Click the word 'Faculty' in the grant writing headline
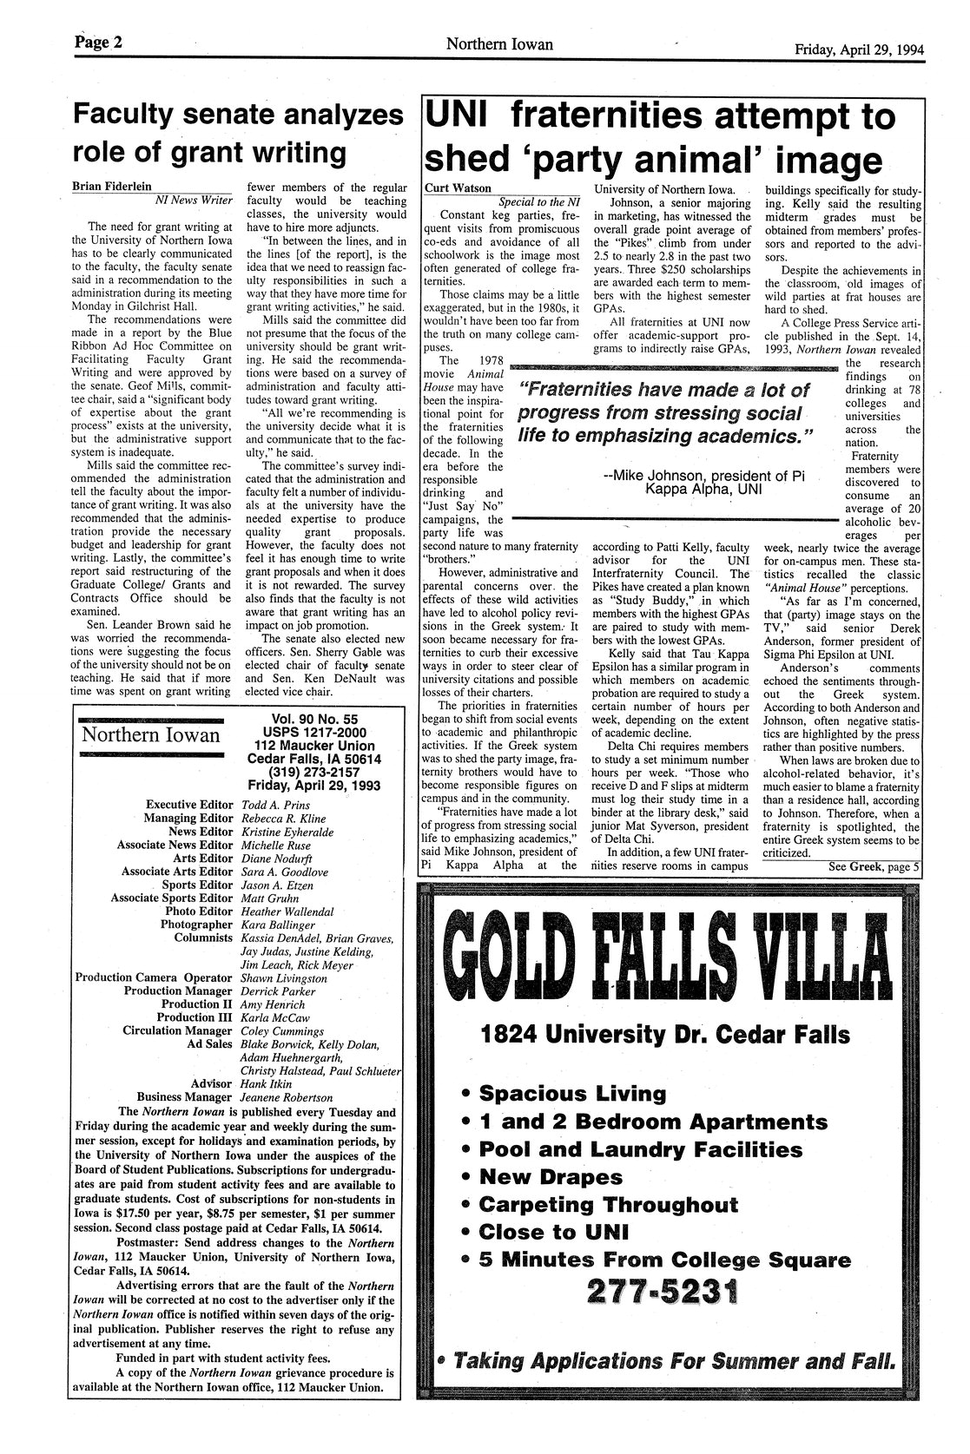pos(140,116)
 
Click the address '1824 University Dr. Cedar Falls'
pos(665,1035)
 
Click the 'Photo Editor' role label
pos(200,911)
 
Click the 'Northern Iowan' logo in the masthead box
pos(150,736)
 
